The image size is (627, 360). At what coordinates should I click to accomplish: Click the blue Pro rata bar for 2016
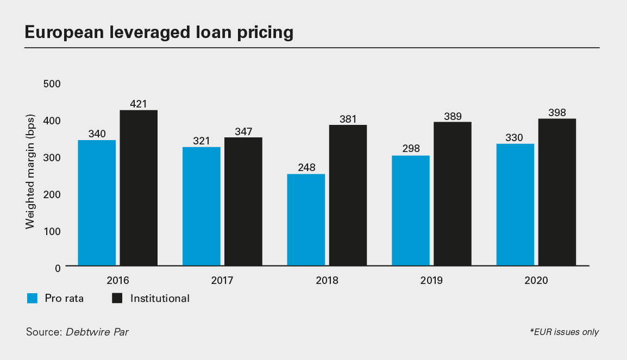97,203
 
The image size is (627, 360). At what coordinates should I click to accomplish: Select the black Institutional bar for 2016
139,188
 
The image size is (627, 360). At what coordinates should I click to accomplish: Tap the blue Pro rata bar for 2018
306,219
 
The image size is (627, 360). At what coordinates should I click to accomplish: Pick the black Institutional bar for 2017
243,201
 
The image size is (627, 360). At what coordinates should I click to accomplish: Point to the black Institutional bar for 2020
557,192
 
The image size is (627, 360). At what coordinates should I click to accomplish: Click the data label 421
139,104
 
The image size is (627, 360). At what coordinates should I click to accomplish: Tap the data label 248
306,167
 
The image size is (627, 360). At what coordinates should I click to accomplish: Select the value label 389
453,116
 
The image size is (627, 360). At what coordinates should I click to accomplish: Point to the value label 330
515,137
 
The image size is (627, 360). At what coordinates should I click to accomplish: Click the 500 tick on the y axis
52,84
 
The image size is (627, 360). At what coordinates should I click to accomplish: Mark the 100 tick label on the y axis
52,231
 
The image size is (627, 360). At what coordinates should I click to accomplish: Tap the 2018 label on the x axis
327,281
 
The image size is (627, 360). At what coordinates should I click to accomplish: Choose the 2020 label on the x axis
536,281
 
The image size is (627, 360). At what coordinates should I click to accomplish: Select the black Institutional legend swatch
117,298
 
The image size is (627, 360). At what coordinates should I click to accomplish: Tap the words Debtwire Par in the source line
97,331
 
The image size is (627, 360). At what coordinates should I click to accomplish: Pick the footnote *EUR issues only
564,332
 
